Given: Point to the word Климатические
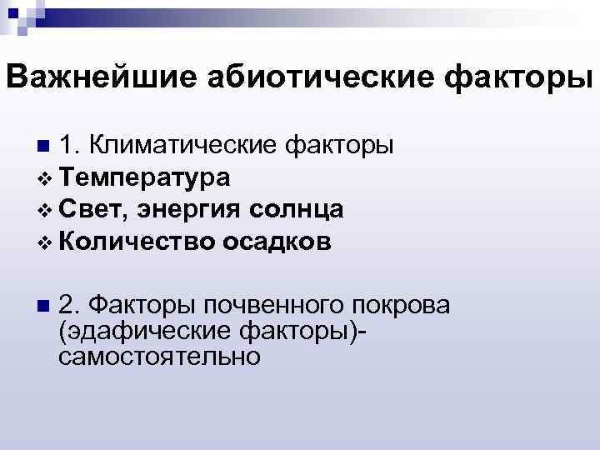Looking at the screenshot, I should (187, 147).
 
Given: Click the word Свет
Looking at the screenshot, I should (92, 209).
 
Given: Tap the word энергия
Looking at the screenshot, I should (194, 209).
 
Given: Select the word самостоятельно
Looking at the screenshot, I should (159, 357).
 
